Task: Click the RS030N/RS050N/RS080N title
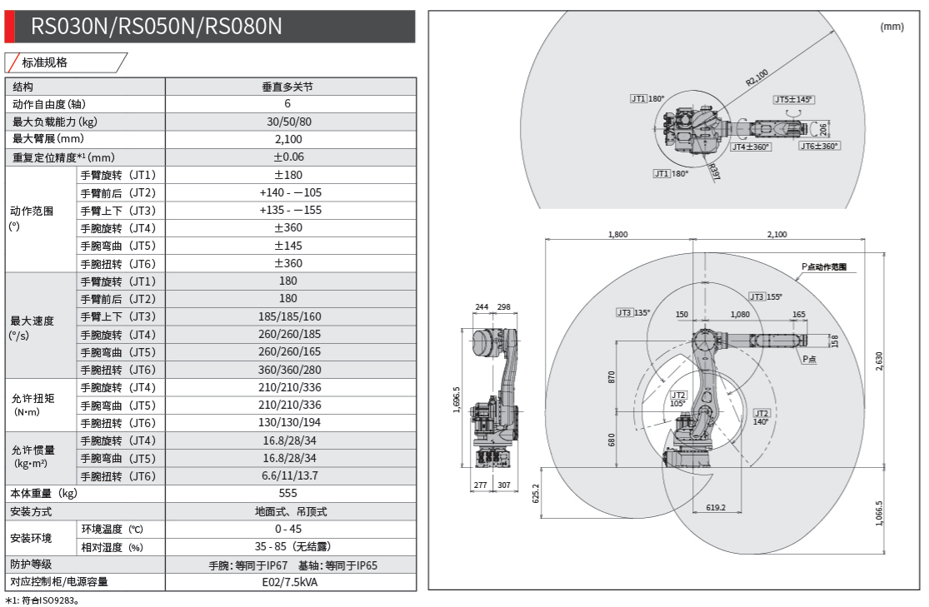point(157,27)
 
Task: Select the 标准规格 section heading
point(45,62)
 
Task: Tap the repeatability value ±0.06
point(289,157)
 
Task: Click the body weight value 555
point(288,493)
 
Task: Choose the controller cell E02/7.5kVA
point(289,582)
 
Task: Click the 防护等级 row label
point(32,565)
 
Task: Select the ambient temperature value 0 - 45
point(289,529)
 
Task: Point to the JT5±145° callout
point(792,100)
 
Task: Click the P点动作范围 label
point(824,267)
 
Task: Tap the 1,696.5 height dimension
point(456,398)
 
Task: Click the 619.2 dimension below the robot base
point(715,507)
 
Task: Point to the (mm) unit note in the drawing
point(892,27)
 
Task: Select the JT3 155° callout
point(765,296)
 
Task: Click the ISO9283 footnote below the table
point(47,600)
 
